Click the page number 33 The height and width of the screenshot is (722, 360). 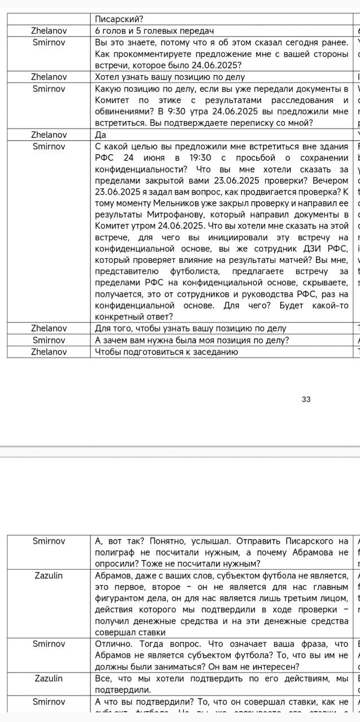306,399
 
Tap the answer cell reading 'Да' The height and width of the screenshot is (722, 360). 101,135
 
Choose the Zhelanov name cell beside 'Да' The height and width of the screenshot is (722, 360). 49,135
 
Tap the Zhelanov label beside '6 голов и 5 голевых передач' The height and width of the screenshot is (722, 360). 49,30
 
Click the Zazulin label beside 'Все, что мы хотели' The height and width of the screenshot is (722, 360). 49,679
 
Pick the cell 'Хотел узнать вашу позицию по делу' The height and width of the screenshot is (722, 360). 170,77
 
